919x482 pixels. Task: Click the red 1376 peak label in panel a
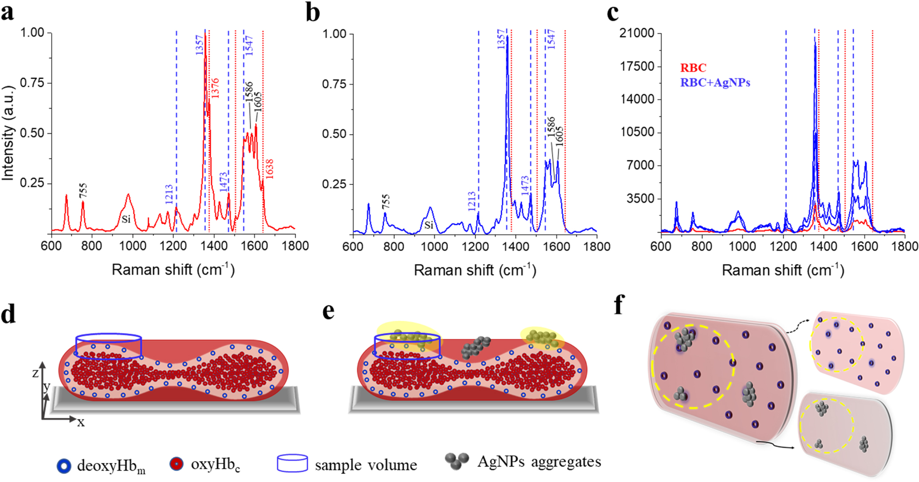click(215, 88)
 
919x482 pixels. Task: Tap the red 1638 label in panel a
click(269, 169)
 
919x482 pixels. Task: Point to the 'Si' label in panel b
click(428, 225)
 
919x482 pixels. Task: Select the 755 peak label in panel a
click(83, 191)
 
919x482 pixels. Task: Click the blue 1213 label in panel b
click(471, 201)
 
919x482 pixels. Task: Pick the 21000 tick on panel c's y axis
click(637, 33)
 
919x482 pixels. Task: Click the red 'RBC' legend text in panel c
click(693, 68)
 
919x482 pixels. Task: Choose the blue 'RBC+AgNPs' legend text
click(715, 83)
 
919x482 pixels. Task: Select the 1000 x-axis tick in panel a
click(132, 246)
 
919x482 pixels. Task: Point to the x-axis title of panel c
click(783, 270)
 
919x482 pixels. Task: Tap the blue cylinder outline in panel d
click(109, 338)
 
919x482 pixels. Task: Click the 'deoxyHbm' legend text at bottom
click(111, 466)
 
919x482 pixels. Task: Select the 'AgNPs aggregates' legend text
click(539, 462)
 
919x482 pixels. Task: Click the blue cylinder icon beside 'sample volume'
click(292, 463)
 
